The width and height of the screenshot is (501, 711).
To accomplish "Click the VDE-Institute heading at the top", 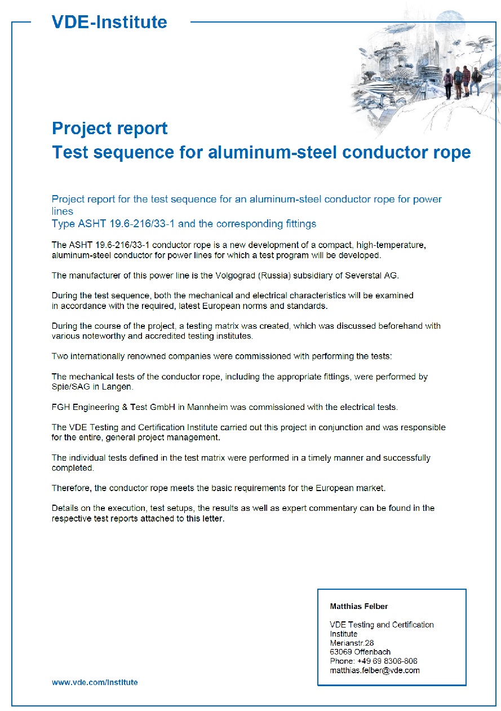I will pos(109,22).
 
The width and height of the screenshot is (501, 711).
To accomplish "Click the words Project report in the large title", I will pos(109,129).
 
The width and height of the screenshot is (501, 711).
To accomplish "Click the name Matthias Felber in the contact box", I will pos(358,606).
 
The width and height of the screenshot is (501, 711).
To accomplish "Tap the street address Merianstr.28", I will pos(352,643).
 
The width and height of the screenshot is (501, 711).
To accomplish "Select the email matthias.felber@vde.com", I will pos(374,670).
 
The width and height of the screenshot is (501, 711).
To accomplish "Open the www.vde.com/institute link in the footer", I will pos(95,682).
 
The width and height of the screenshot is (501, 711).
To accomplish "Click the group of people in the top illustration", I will pos(462,82).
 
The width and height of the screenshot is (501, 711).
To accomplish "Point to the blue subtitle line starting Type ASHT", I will pos(184,224).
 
